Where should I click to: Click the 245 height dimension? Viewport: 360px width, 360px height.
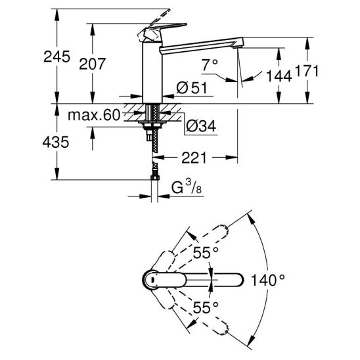click(56, 56)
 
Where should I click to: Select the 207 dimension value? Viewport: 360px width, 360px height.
click(92, 64)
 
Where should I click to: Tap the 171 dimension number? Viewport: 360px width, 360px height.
click(307, 70)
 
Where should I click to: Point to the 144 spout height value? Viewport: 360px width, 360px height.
click(279, 76)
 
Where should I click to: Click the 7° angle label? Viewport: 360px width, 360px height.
click(210, 65)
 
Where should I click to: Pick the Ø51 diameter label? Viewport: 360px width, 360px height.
click(192, 87)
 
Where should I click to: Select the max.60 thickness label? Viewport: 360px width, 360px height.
click(94, 115)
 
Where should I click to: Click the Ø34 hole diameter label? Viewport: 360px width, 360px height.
click(201, 125)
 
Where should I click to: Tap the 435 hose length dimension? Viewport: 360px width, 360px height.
click(56, 142)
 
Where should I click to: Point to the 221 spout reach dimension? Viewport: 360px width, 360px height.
click(194, 158)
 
